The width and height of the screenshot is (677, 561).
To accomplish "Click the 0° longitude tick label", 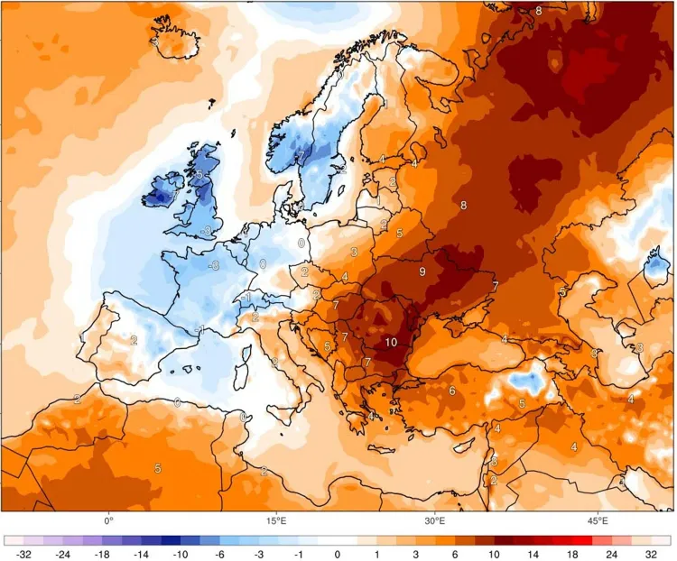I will point(108,521).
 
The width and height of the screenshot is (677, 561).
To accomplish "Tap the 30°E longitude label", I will point(435,521).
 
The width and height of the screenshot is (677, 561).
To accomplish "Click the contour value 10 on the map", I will point(391,342).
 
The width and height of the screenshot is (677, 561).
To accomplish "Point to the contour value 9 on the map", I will point(422,271).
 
